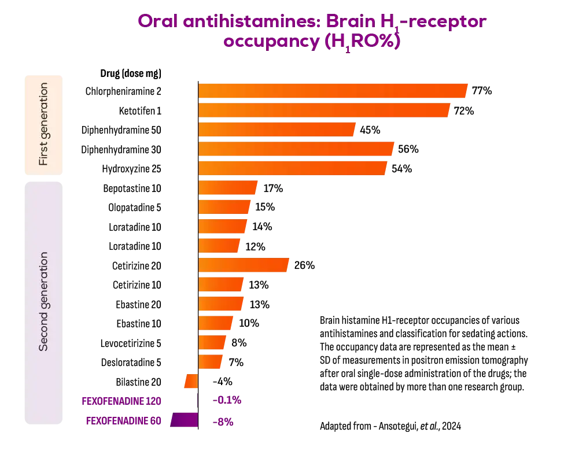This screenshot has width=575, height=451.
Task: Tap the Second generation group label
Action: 43,301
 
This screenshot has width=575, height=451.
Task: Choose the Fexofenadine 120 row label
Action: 122,400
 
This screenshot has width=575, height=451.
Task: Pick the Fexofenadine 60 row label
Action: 123,422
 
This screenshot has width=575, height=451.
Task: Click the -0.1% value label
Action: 227,400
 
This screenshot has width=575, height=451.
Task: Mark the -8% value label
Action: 223,422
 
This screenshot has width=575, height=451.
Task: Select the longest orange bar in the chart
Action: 332,92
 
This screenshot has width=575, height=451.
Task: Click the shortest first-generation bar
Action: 277,130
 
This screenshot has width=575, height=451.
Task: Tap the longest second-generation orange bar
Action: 244,265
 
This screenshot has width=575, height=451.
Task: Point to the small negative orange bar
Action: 190,381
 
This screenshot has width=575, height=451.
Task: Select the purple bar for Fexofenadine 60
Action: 185,421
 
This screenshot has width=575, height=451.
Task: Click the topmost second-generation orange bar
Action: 227,188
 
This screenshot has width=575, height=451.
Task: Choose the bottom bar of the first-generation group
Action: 293,168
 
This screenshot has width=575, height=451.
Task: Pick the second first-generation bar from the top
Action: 324,111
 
